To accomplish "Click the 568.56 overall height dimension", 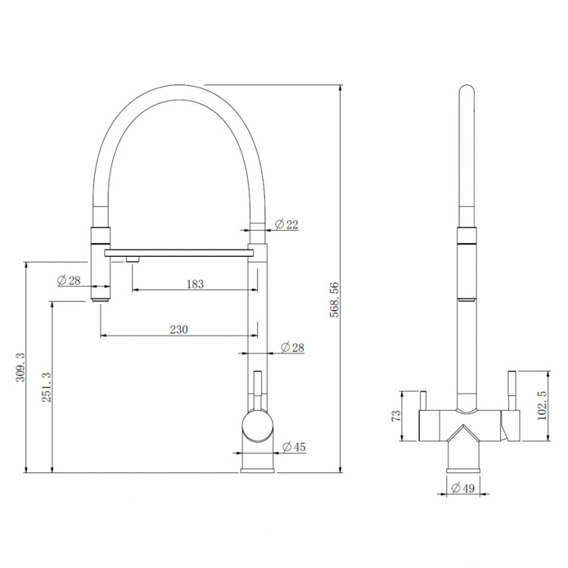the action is pyautogui.click(x=334, y=300).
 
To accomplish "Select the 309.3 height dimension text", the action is pyautogui.click(x=21, y=367).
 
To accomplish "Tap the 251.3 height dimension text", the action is pyautogui.click(x=47, y=387).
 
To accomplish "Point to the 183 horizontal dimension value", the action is pyautogui.click(x=195, y=284).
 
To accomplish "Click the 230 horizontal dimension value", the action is pyautogui.click(x=179, y=330).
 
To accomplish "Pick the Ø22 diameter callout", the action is pyautogui.click(x=286, y=225).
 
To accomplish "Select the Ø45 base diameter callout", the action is pyautogui.click(x=294, y=447).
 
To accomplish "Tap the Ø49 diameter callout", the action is pyautogui.click(x=463, y=488).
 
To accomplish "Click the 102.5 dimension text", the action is pyautogui.click(x=541, y=405).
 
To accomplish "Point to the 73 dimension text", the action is pyautogui.click(x=396, y=416).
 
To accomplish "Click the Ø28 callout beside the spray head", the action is pyautogui.click(x=69, y=280).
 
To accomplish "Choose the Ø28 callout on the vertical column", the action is pyautogui.click(x=292, y=348).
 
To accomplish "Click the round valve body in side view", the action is pyautogui.click(x=257, y=425).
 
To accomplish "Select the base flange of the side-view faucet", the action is pyautogui.click(x=257, y=471).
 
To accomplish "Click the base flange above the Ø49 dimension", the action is pyautogui.click(x=463, y=471).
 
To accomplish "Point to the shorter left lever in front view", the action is pyautogui.click(x=423, y=401).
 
